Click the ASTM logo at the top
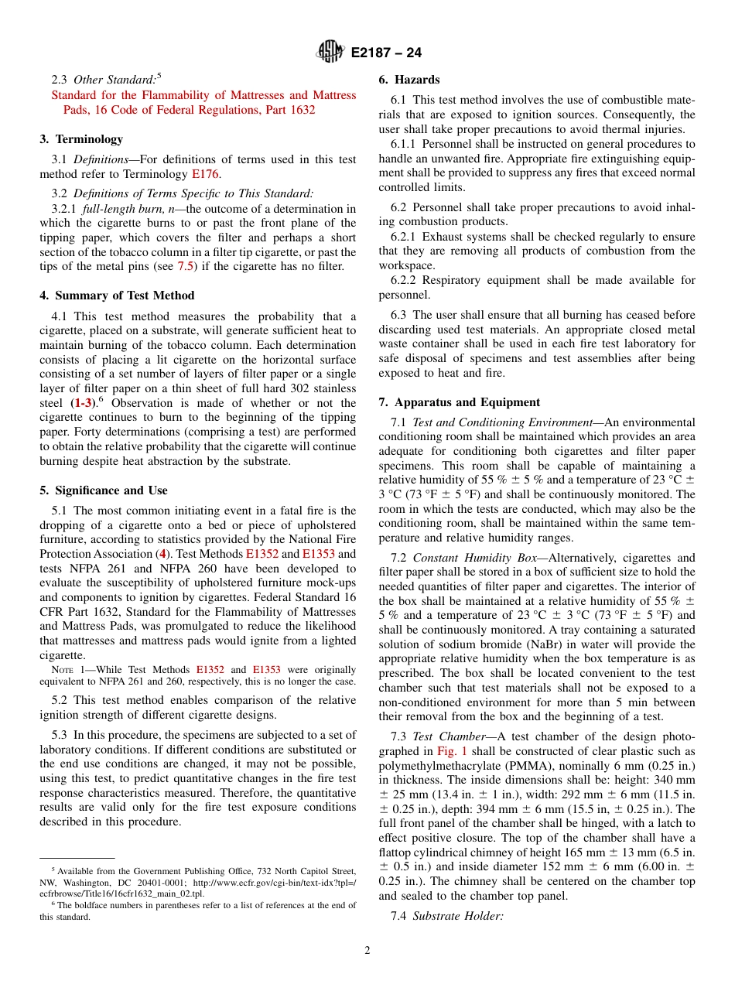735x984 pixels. coord(330,53)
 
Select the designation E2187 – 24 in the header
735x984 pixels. coord(385,53)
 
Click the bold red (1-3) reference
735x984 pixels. coord(84,403)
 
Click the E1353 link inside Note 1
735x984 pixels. coord(266,670)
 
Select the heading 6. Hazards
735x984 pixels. coord(409,80)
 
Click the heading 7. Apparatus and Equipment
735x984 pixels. coord(459,402)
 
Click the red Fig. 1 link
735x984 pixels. coord(453,751)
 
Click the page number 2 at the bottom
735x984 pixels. coord(367,951)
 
